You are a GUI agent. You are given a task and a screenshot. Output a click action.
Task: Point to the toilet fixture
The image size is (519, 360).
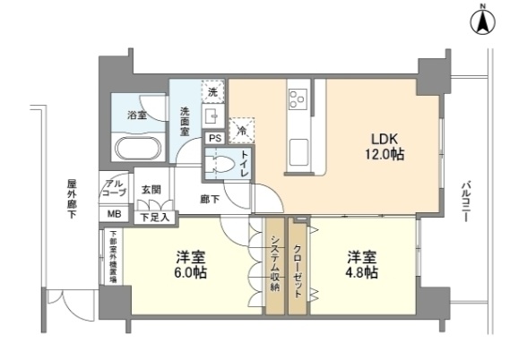click(x=224, y=163)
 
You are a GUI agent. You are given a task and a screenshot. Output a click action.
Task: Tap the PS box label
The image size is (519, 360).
click(x=215, y=139)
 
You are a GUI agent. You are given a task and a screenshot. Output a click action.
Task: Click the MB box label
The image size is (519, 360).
click(x=115, y=215)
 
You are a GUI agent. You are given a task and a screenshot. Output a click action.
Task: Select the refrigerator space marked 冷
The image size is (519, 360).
click(x=241, y=131)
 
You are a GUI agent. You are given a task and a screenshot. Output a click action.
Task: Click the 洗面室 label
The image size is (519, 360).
click(x=186, y=121)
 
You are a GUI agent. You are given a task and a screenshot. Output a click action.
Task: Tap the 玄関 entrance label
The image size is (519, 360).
click(x=151, y=190)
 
